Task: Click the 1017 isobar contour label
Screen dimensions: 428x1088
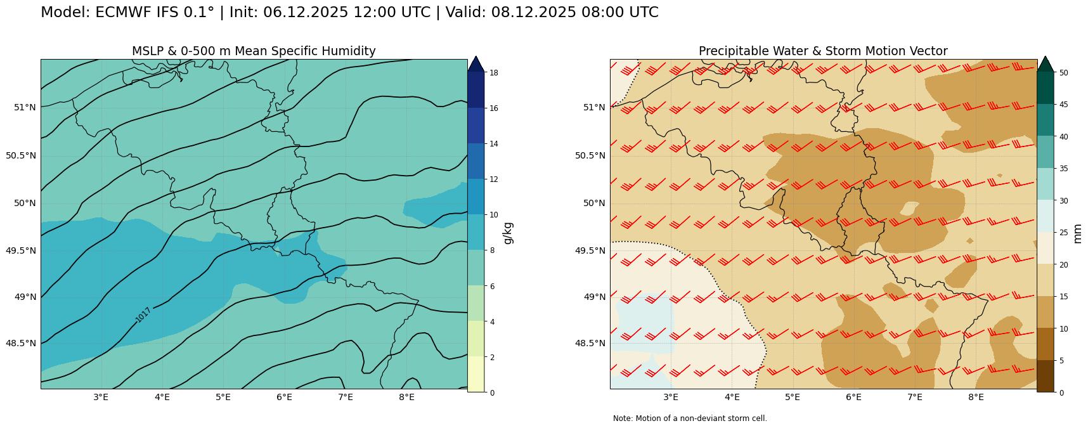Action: tap(143, 315)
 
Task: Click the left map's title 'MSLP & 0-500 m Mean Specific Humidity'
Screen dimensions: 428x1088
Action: tap(254, 51)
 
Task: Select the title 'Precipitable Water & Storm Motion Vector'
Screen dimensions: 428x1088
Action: tap(823, 51)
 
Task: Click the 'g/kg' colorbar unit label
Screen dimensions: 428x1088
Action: tap(507, 233)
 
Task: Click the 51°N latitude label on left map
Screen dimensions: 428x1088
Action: tap(25, 107)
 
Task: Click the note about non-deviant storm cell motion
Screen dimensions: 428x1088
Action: tap(690, 418)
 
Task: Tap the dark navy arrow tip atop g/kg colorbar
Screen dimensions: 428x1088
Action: tap(476, 63)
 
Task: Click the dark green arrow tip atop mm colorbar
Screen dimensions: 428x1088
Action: tap(1045, 63)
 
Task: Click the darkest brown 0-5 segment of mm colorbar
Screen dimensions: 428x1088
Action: tap(1045, 376)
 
